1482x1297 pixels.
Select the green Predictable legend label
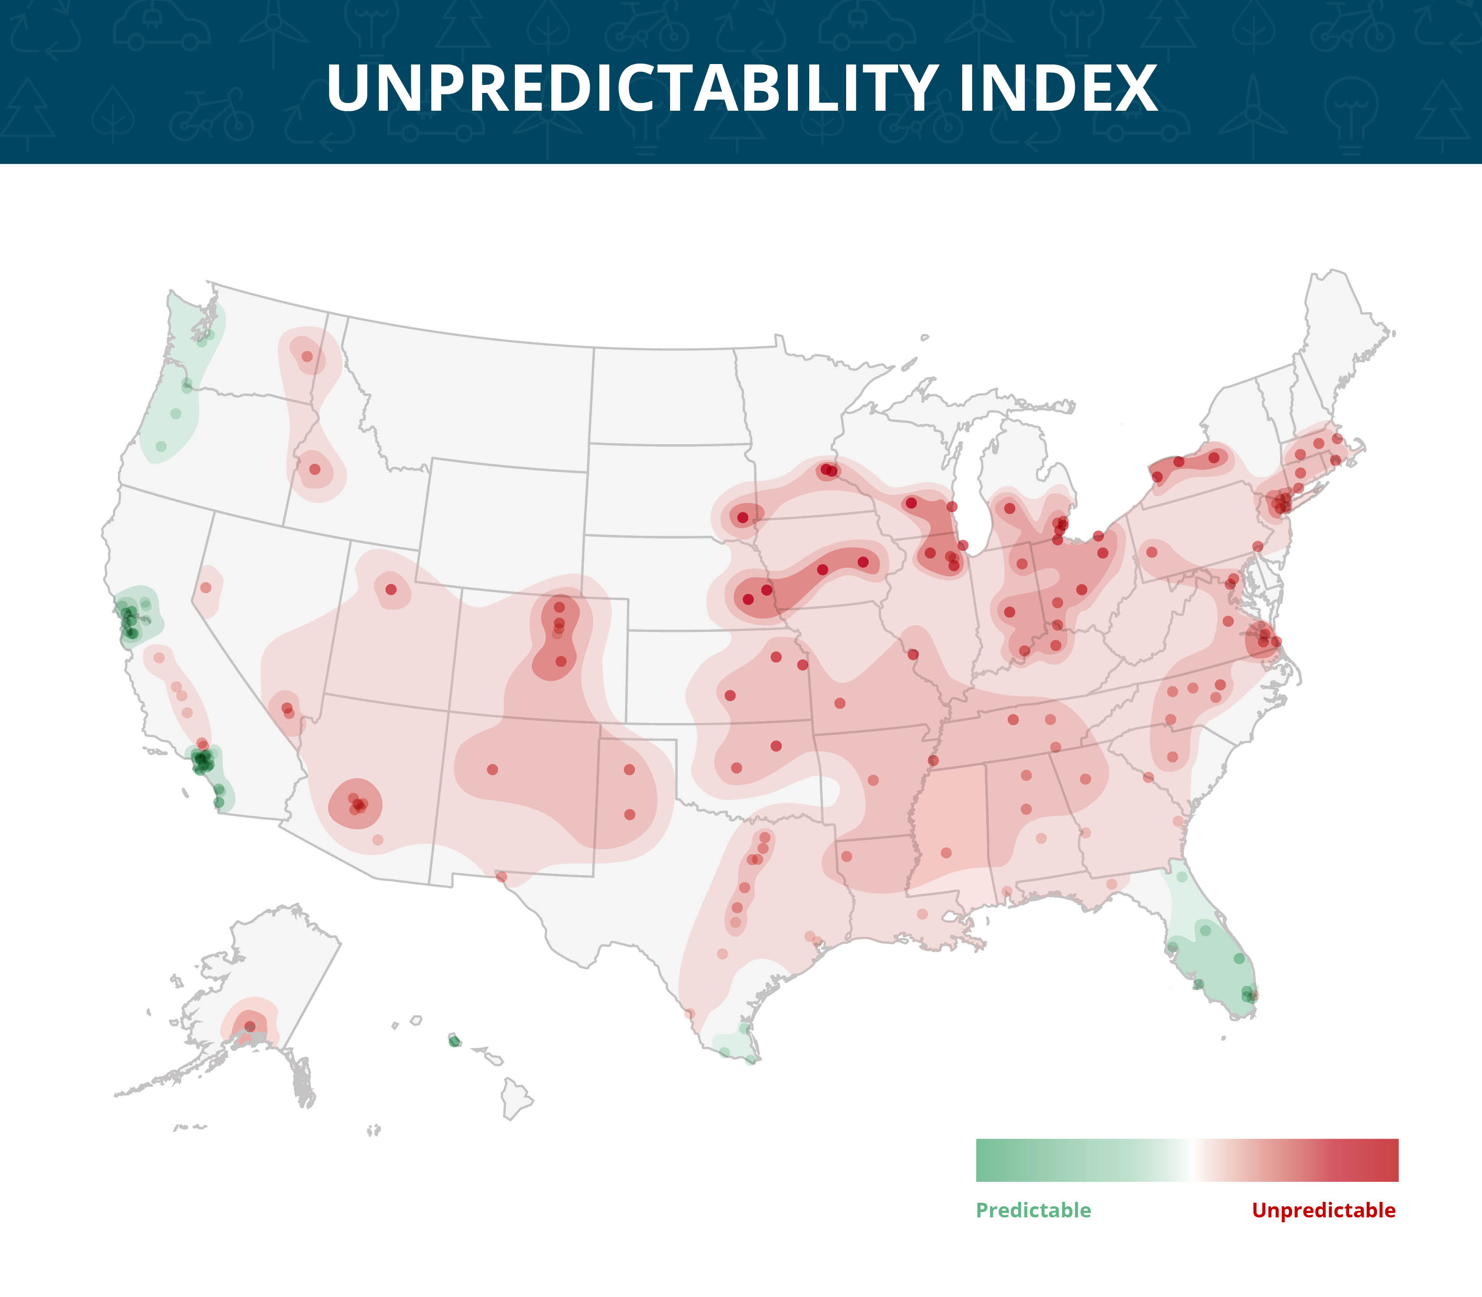pos(1033,1210)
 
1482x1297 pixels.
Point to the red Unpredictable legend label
pos(1324,1210)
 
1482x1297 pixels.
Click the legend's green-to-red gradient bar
pos(1187,1160)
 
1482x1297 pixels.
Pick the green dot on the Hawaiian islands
pos(454,1041)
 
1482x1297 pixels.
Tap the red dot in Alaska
pos(249,1026)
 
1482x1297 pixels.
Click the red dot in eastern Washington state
pos(307,356)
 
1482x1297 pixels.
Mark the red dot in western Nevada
pos(205,587)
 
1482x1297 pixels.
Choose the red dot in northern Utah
pos(391,589)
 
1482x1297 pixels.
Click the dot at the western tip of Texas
pos(502,876)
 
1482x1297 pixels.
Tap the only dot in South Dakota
pos(743,518)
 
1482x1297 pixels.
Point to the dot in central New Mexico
pos(493,769)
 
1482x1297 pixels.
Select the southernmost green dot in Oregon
pos(161,446)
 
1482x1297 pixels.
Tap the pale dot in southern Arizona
pos(378,839)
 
